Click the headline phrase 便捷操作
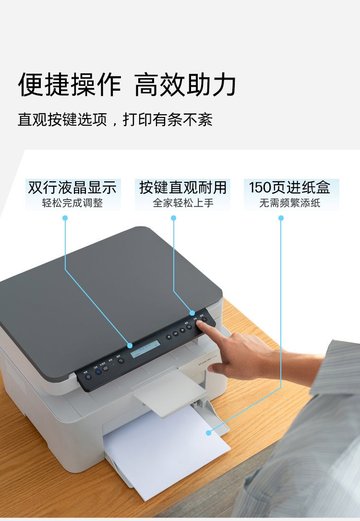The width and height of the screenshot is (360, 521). click(x=70, y=85)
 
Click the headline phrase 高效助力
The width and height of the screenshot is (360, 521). click(x=185, y=85)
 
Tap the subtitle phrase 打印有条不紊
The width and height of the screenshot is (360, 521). click(x=168, y=119)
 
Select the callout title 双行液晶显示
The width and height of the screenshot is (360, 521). click(x=72, y=187)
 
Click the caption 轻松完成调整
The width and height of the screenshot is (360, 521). click(x=72, y=203)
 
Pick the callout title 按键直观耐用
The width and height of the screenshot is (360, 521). click(x=182, y=187)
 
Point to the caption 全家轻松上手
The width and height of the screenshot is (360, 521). click(x=182, y=203)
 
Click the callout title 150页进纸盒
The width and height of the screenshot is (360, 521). click(x=289, y=187)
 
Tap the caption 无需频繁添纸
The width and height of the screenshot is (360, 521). click(x=289, y=203)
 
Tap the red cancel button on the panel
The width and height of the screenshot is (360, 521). click(x=204, y=320)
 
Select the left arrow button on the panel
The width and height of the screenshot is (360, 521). click(x=168, y=336)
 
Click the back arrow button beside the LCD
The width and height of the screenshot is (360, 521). click(x=121, y=361)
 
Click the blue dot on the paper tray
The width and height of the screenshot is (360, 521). click(x=209, y=433)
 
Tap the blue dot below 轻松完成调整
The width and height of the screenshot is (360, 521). click(x=65, y=218)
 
